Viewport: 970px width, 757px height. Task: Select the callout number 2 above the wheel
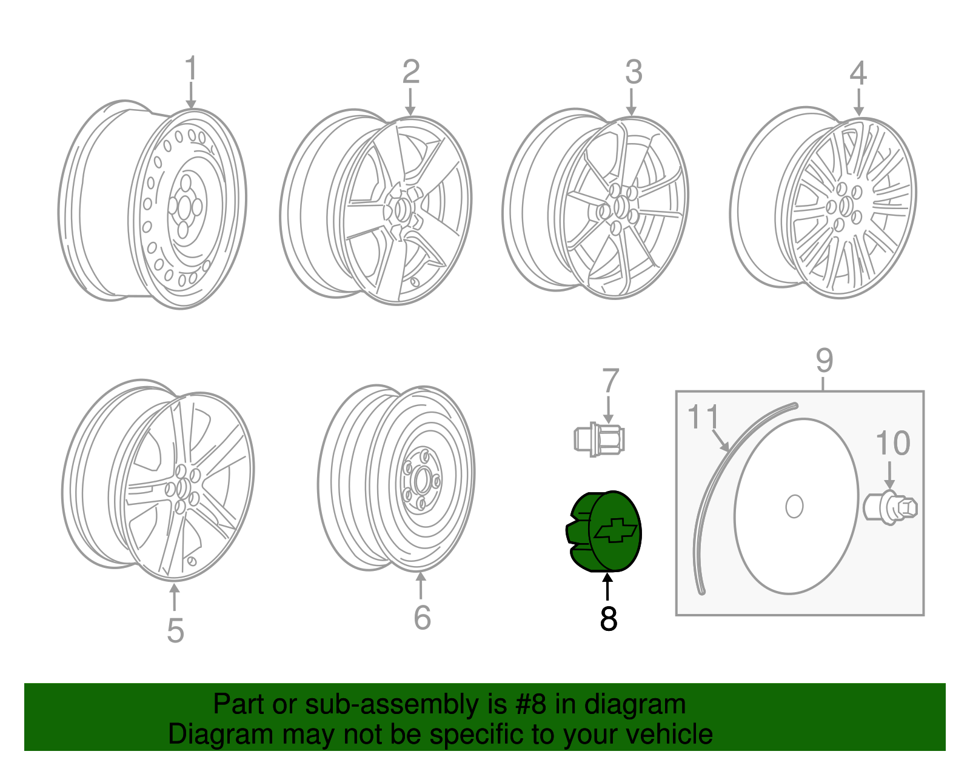pyautogui.click(x=410, y=72)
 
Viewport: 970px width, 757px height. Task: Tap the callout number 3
pyautogui.click(x=634, y=72)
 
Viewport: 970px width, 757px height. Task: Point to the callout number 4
pyautogui.click(x=858, y=73)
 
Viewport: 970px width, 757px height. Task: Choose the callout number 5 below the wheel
pyautogui.click(x=175, y=631)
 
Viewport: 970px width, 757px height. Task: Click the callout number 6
pyautogui.click(x=422, y=618)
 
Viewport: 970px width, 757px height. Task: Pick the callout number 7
pyautogui.click(x=610, y=380)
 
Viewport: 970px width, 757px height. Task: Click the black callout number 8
pyautogui.click(x=609, y=619)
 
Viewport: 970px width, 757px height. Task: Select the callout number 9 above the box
pyautogui.click(x=824, y=361)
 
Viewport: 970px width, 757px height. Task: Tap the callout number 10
pyautogui.click(x=892, y=443)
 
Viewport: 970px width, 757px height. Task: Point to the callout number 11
pyautogui.click(x=703, y=416)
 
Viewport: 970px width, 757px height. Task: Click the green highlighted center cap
pyautogui.click(x=603, y=532)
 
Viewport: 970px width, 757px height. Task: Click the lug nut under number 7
pyautogui.click(x=599, y=439)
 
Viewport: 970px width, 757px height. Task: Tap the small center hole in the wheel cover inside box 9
pyautogui.click(x=794, y=506)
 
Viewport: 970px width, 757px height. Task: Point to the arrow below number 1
pyautogui.click(x=191, y=95)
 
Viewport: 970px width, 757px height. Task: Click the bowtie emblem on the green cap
pyautogui.click(x=616, y=530)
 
